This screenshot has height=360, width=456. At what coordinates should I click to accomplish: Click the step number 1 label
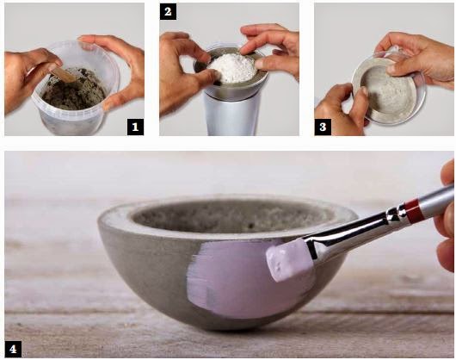(135, 127)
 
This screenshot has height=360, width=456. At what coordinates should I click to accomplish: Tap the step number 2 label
(168, 12)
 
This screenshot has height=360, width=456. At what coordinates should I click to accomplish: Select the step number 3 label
(323, 127)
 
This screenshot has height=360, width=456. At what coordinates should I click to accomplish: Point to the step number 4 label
(13, 349)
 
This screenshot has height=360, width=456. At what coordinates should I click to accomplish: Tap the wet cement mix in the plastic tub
(73, 90)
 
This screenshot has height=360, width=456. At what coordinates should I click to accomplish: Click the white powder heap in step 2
(232, 67)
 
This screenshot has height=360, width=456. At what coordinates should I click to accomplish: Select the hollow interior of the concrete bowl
(230, 216)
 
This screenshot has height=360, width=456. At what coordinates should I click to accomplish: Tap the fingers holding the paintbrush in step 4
(447, 221)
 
